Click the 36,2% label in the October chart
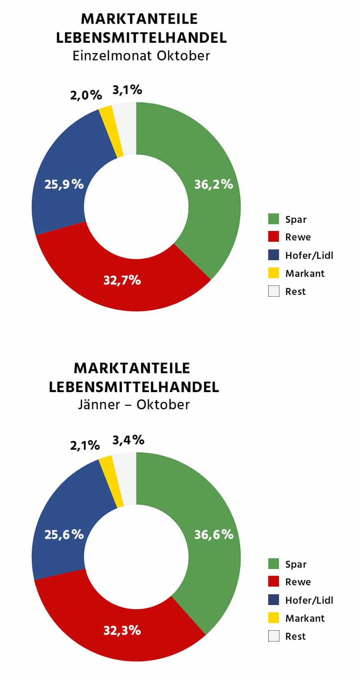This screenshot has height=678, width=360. coord(213,184)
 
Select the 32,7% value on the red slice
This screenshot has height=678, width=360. coord(122,280)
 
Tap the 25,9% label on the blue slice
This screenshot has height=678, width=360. coord(64,184)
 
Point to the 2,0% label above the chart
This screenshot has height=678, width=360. coord(85,95)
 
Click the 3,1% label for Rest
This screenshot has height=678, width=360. coord(127,90)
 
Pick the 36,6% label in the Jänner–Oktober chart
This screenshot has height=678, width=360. coord(214,534)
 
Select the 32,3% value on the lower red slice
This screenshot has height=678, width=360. coord(122,630)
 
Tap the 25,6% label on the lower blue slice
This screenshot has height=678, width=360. coord(64,534)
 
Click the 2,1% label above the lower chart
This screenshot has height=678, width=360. coord(85,446)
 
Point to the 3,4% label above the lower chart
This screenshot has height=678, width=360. coord(128,440)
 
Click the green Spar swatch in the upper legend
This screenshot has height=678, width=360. coord(274,219)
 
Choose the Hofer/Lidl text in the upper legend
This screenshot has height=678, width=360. coord(309,255)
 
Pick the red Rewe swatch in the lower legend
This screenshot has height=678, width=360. coord(274,582)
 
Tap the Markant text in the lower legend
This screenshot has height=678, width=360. coord(305,618)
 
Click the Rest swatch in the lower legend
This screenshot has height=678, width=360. coord(274,636)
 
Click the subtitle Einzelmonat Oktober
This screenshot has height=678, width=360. coord(141,56)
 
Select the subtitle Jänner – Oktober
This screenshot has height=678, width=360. coord(134,405)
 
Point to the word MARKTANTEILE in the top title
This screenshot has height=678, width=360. coord(139,19)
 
